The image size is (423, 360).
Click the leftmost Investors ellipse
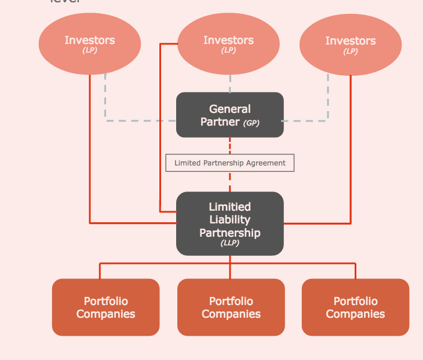(90, 45)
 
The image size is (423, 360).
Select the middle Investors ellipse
(228, 45)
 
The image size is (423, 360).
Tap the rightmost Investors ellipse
(350, 45)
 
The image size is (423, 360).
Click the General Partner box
(229, 115)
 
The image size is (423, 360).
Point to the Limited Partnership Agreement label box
(230, 163)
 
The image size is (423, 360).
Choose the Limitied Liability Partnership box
(229, 223)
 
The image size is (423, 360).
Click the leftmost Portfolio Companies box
(105, 307)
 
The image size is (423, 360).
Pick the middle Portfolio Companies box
(231, 307)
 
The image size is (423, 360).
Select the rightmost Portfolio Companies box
(355, 307)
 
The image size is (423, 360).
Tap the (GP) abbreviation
(251, 123)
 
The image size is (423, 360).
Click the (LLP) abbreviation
(230, 243)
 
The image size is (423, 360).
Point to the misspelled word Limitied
(230, 207)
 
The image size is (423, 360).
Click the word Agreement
(266, 163)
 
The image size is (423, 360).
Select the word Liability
(230, 219)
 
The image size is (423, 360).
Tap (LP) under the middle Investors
(228, 50)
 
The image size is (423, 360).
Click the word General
(230, 109)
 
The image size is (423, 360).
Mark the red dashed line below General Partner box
(230, 145)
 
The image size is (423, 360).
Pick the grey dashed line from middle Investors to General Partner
(230, 83)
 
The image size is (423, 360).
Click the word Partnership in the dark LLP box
(230, 233)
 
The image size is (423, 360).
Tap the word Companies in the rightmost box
(355, 314)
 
